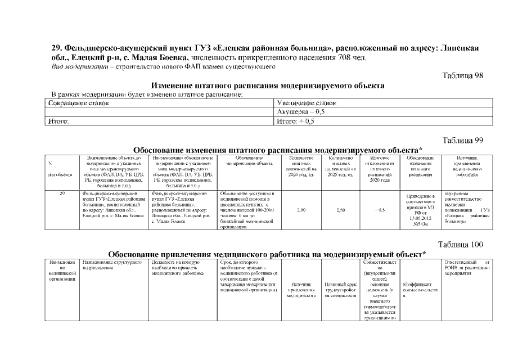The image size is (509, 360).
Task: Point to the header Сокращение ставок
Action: (x=79, y=103)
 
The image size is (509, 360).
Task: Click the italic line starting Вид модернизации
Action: (x=163, y=66)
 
